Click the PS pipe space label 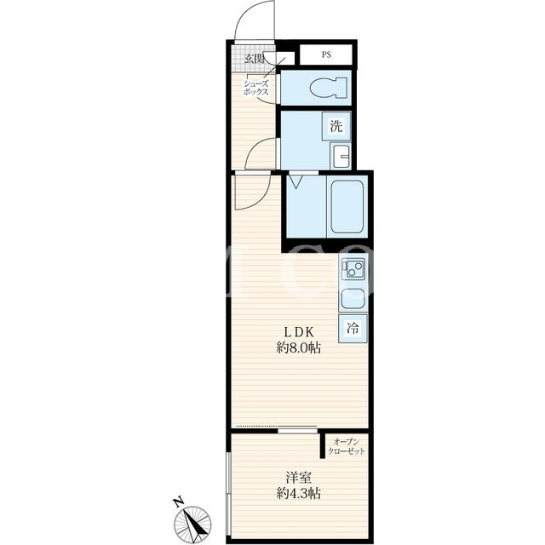[x=326, y=54]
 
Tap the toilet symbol [x=328, y=88]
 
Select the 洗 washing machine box [x=336, y=126]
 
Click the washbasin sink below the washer [x=341, y=156]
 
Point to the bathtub [x=347, y=207]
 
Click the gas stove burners [x=353, y=269]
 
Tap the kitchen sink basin [x=353, y=299]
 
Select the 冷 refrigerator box [x=353, y=328]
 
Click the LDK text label [x=299, y=332]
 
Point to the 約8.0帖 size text [x=299, y=347]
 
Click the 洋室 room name [x=299, y=478]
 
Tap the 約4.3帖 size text [x=299, y=493]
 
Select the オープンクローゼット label [x=347, y=446]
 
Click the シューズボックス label [x=256, y=88]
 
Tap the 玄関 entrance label [x=254, y=59]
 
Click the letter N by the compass [x=178, y=502]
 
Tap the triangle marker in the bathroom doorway [x=295, y=181]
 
